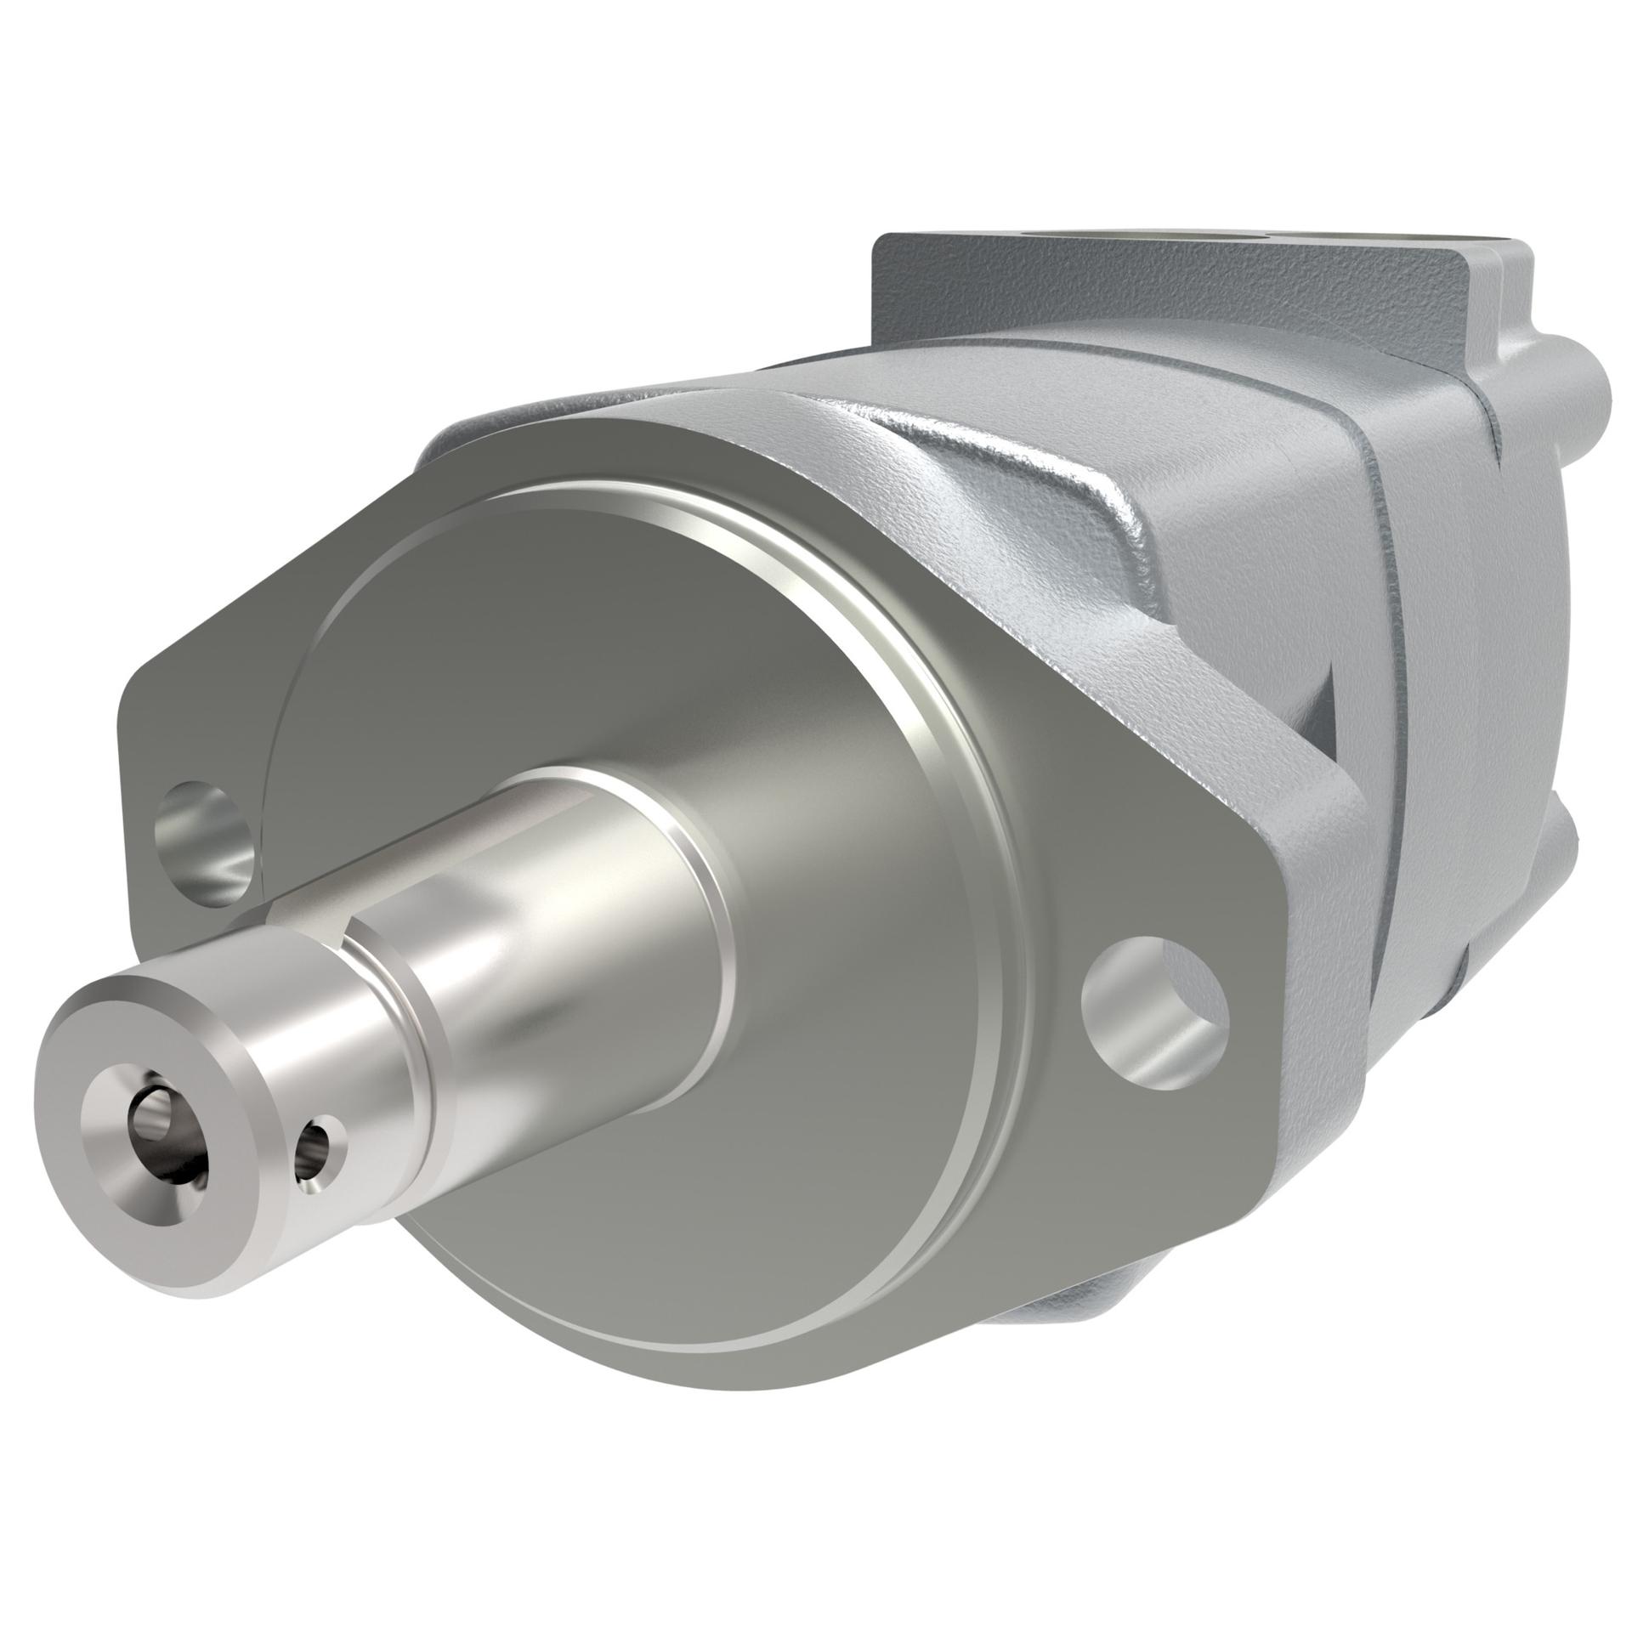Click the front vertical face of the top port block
point(1062,306)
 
